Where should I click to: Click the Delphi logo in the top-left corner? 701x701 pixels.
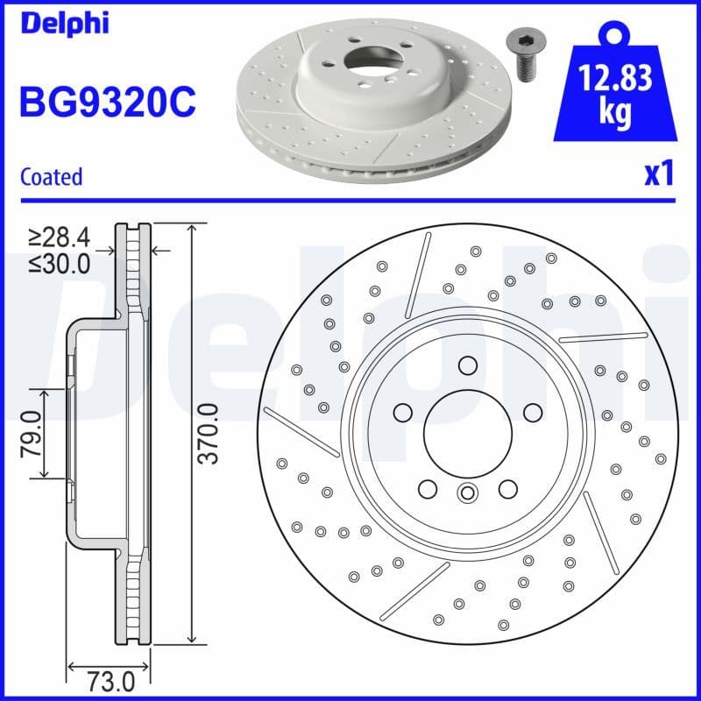coord(64,23)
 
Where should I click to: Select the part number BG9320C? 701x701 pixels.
coord(107,103)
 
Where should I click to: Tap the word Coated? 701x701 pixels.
coord(51,176)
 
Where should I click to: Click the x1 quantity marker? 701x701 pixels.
coord(658,173)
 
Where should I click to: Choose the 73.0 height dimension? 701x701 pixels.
coord(111,679)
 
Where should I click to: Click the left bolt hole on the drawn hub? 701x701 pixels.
coord(403,412)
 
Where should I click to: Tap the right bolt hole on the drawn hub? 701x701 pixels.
coord(531,412)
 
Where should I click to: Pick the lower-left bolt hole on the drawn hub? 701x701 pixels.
coord(428,488)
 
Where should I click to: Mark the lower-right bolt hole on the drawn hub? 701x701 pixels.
coord(507,488)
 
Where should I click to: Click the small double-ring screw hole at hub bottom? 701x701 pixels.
coord(467,493)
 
